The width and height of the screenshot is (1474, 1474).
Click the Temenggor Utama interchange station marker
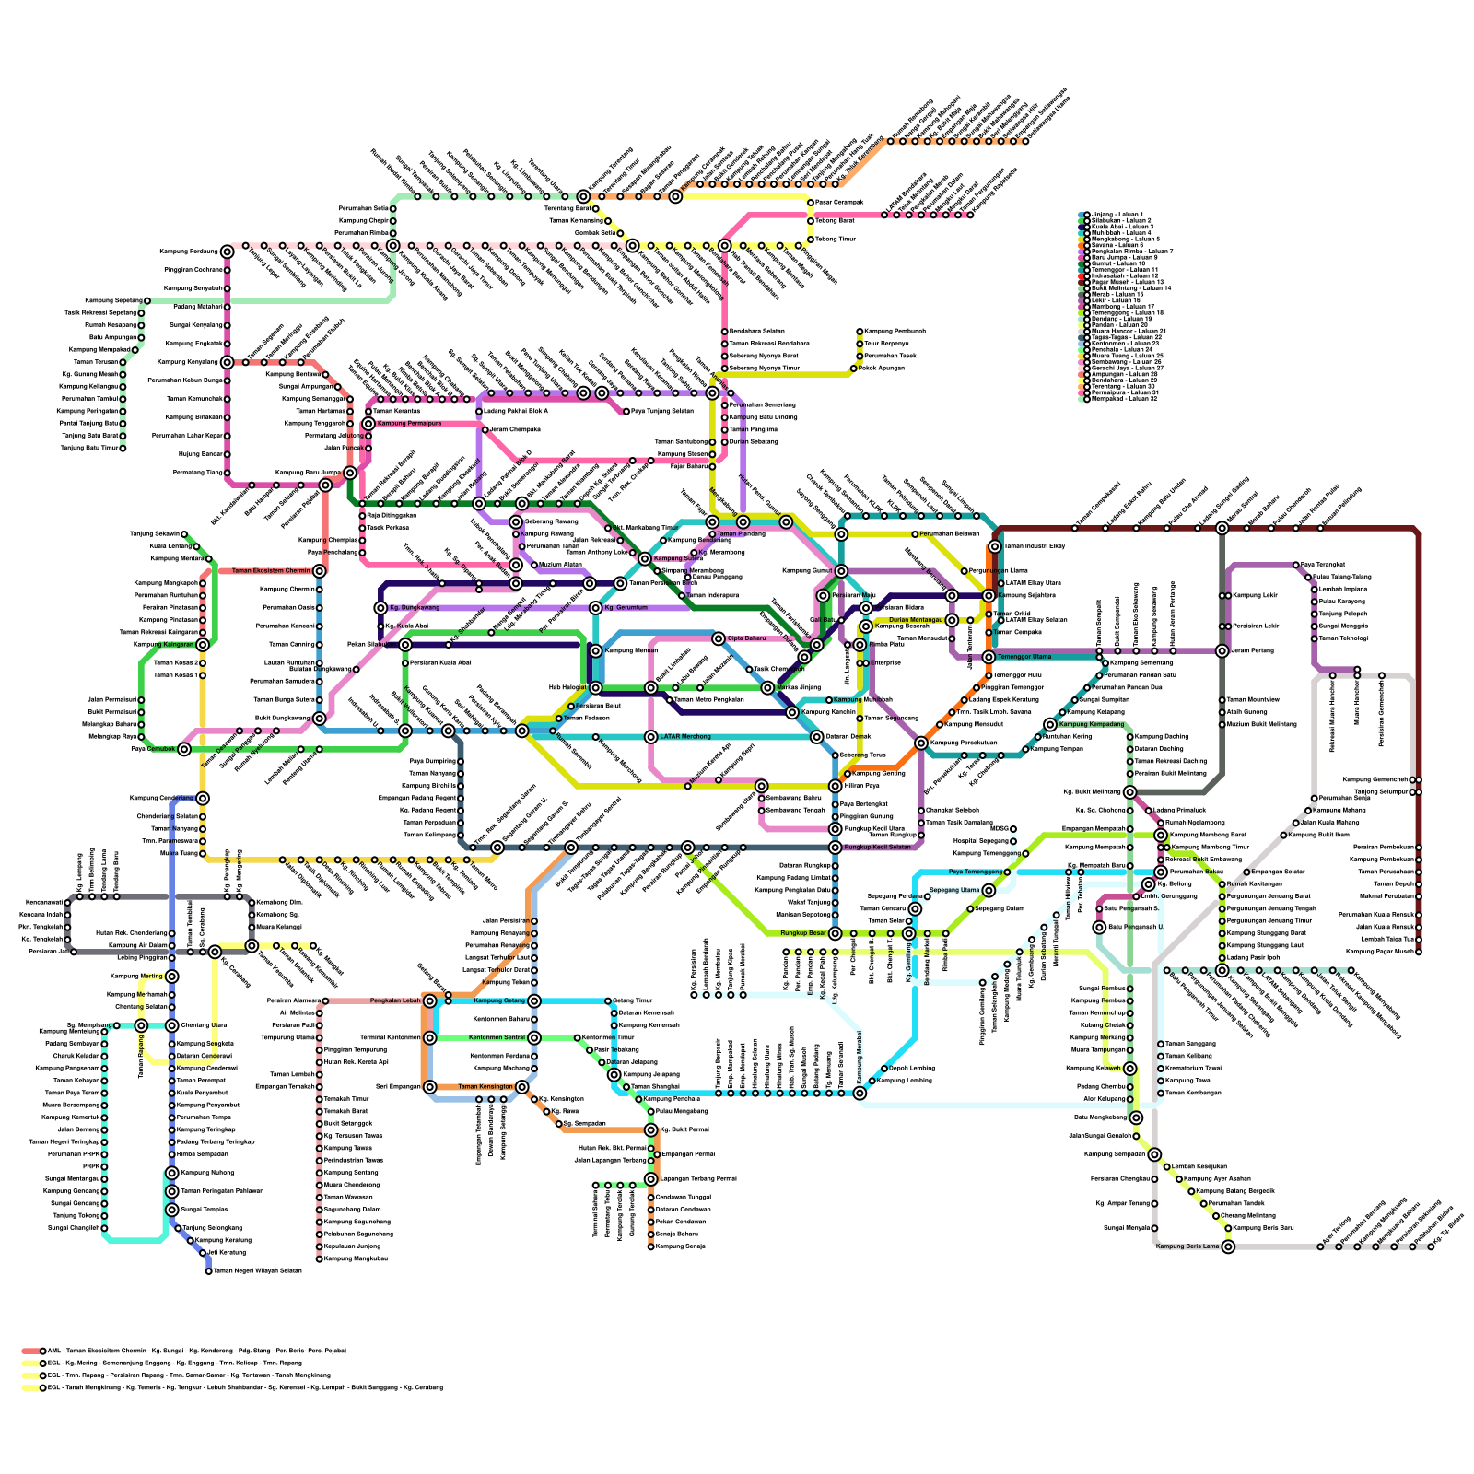(989, 657)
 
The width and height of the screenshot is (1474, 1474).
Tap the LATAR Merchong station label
(685, 737)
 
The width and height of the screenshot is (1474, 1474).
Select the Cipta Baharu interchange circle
(719, 638)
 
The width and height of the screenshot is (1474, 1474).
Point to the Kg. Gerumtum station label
(627, 608)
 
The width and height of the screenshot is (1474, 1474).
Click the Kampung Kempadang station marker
(1050, 724)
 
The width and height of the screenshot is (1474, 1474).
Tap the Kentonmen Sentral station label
(497, 1038)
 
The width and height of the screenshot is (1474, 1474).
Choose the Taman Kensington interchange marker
(521, 1087)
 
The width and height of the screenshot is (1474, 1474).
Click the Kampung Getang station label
(499, 1000)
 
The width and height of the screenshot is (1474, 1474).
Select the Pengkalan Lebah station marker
(429, 1000)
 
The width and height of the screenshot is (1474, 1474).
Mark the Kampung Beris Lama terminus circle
(1228, 1246)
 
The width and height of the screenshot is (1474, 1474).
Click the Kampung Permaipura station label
(409, 424)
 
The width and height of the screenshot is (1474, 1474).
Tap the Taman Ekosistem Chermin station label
(271, 571)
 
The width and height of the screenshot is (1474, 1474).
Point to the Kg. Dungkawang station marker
(380, 608)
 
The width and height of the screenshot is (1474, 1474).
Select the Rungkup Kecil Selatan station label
(877, 848)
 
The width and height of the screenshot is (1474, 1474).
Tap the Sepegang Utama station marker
(989, 890)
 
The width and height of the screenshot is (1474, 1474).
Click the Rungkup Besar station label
(803, 933)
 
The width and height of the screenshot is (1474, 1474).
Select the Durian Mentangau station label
(916, 620)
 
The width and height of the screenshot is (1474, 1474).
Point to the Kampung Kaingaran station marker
(203, 645)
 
